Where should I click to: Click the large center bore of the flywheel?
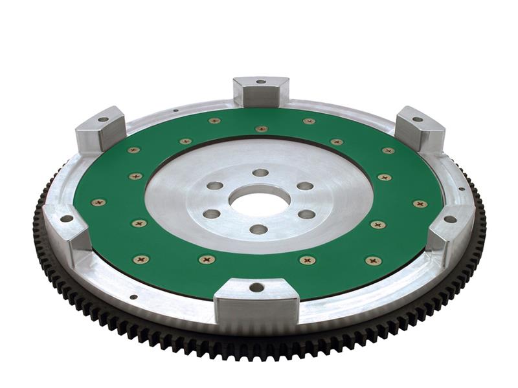click(x=260, y=200)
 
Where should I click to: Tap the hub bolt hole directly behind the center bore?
click(x=260, y=173)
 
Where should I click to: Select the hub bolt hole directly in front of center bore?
click(x=258, y=229)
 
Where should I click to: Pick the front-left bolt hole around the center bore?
click(x=211, y=214)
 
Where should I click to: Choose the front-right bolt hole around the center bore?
click(x=307, y=214)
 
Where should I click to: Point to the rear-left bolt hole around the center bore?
click(x=215, y=186)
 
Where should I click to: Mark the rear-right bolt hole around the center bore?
click(x=305, y=186)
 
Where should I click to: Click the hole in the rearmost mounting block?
click(x=261, y=82)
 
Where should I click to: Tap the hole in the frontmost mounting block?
click(x=256, y=287)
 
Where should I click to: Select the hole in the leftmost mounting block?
click(x=67, y=219)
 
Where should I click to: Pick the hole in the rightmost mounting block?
click(x=450, y=219)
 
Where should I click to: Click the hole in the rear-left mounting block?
click(x=103, y=120)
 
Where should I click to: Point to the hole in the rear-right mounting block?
click(x=417, y=119)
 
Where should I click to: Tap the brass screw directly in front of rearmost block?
click(x=261, y=129)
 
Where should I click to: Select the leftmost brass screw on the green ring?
click(x=98, y=202)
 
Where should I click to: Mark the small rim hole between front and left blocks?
click(x=133, y=297)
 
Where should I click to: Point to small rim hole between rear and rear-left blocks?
click(x=176, y=111)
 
